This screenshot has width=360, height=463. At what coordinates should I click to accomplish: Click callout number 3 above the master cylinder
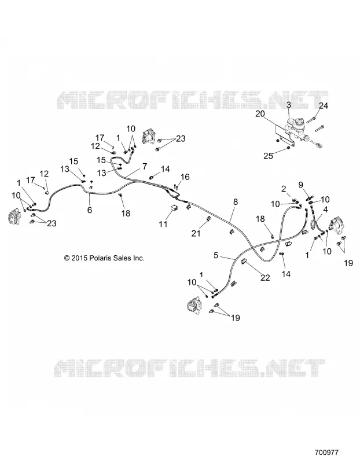coord(289,105)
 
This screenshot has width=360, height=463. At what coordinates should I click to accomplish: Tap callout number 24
coord(324,105)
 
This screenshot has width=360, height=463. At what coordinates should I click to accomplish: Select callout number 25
coord(268,156)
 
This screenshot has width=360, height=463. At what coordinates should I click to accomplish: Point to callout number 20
coord(260,113)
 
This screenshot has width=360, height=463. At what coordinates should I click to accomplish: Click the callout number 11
coord(163,224)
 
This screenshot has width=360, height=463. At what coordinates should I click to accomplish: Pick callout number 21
coord(196,233)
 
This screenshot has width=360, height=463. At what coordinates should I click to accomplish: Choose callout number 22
coord(265,278)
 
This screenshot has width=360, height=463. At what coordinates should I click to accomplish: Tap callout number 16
coord(185,177)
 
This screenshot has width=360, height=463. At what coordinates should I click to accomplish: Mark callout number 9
coord(300,185)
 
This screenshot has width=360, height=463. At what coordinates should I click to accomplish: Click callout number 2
coord(284,189)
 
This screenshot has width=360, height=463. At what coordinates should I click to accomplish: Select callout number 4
coord(325,210)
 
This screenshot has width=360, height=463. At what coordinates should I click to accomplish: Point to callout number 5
coord(216,255)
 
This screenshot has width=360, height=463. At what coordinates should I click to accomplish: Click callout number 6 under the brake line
coord(90,210)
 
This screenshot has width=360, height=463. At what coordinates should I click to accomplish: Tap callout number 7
coord(145,167)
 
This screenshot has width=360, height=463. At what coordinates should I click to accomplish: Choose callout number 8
coord(236,202)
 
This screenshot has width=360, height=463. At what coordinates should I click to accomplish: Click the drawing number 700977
coord(326,452)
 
